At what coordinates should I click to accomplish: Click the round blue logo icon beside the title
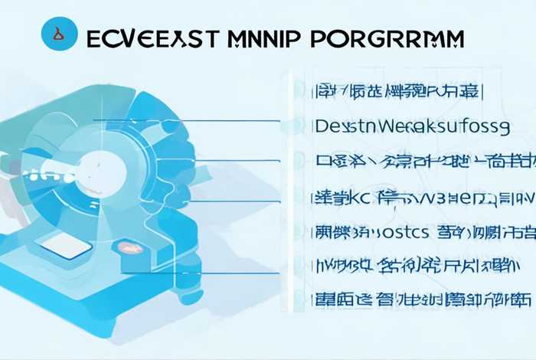59,34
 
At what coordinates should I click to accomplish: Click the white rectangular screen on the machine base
64,246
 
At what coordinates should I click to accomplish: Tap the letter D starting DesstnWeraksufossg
322,126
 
